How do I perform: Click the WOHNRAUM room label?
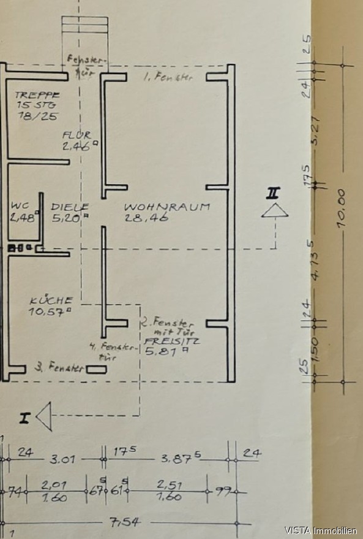point(167,207)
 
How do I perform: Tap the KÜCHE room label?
point(51,300)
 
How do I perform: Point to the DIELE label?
point(70,207)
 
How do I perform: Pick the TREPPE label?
point(37,96)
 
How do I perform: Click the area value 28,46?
point(146,217)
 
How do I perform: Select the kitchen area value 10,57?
point(50,312)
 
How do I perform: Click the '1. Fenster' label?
point(167,77)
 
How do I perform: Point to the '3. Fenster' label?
point(59,369)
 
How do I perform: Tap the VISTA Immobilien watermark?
point(321,530)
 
